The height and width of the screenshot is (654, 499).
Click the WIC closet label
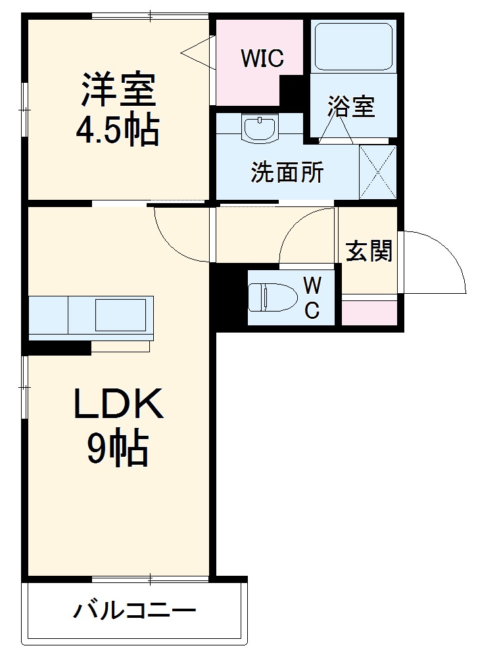262,58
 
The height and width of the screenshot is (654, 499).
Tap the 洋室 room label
118,91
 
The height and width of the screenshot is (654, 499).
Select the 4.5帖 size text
118,131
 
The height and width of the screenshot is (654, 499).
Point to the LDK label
118,407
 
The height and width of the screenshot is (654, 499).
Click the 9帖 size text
118,450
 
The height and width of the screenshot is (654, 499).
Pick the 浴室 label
352,106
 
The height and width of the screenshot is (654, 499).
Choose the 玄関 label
369,251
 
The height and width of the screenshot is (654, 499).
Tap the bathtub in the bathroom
354,46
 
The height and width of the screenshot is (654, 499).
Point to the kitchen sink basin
120,315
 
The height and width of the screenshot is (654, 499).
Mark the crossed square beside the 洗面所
378,172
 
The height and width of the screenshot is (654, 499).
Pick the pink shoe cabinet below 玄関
369,313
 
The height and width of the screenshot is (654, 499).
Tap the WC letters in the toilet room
312,297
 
